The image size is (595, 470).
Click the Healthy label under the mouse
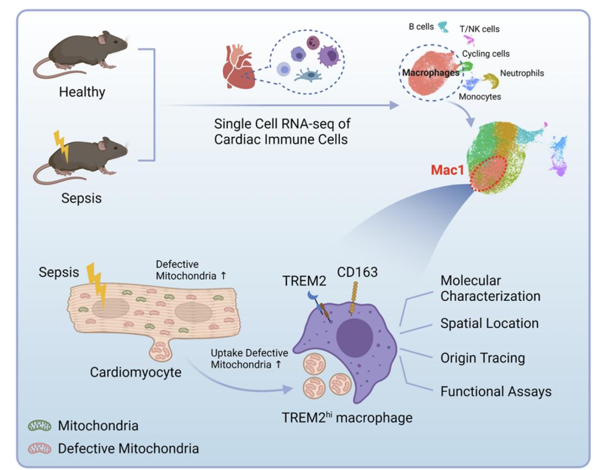(x=82, y=92)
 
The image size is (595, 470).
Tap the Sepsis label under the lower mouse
(x=81, y=199)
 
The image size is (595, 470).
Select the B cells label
(x=421, y=26)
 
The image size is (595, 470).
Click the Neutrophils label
(x=522, y=73)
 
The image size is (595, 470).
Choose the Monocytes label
(x=480, y=97)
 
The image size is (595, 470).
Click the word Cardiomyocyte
(x=135, y=372)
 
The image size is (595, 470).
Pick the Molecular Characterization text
(x=490, y=288)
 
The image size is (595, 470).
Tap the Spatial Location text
(x=489, y=324)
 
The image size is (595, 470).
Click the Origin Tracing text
(x=482, y=358)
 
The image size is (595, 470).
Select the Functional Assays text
(x=496, y=392)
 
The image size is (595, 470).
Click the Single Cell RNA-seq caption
(x=282, y=132)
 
